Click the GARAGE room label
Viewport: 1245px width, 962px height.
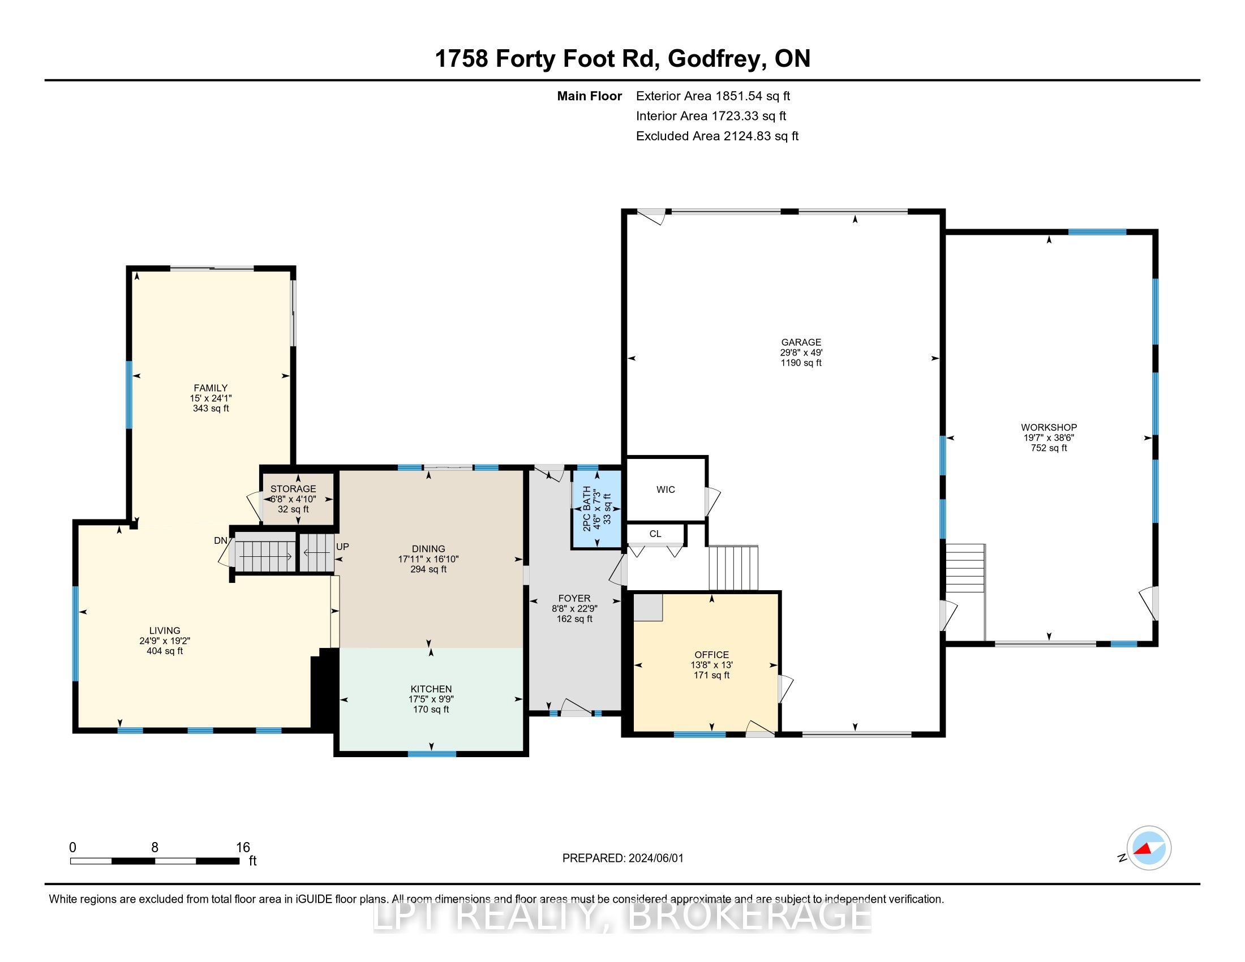(x=801, y=342)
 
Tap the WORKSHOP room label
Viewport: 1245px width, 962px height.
(x=1049, y=427)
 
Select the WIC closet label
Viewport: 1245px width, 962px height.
(x=666, y=489)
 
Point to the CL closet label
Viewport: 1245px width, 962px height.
(x=655, y=534)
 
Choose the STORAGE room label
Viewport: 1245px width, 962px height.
(x=293, y=489)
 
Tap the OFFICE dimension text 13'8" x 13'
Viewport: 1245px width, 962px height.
(x=711, y=665)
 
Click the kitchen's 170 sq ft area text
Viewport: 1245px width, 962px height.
(x=431, y=710)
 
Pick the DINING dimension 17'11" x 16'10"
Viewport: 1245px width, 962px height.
(x=428, y=559)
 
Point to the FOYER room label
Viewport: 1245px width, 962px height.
(x=574, y=598)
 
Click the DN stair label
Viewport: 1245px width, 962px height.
(x=221, y=540)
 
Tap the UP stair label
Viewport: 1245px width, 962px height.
(x=342, y=547)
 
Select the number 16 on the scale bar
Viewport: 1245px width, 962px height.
(x=243, y=848)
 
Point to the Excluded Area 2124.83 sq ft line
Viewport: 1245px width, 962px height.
(x=717, y=136)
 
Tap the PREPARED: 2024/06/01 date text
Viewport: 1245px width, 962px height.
(x=622, y=858)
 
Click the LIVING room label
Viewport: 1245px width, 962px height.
(x=165, y=631)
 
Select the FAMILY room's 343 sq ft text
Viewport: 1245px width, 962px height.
(x=211, y=409)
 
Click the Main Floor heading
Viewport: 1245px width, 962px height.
(x=590, y=96)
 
